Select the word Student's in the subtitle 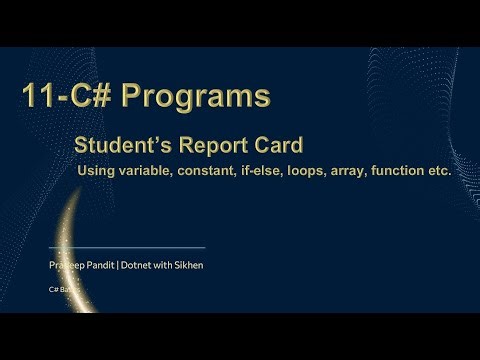113,146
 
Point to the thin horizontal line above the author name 127,247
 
